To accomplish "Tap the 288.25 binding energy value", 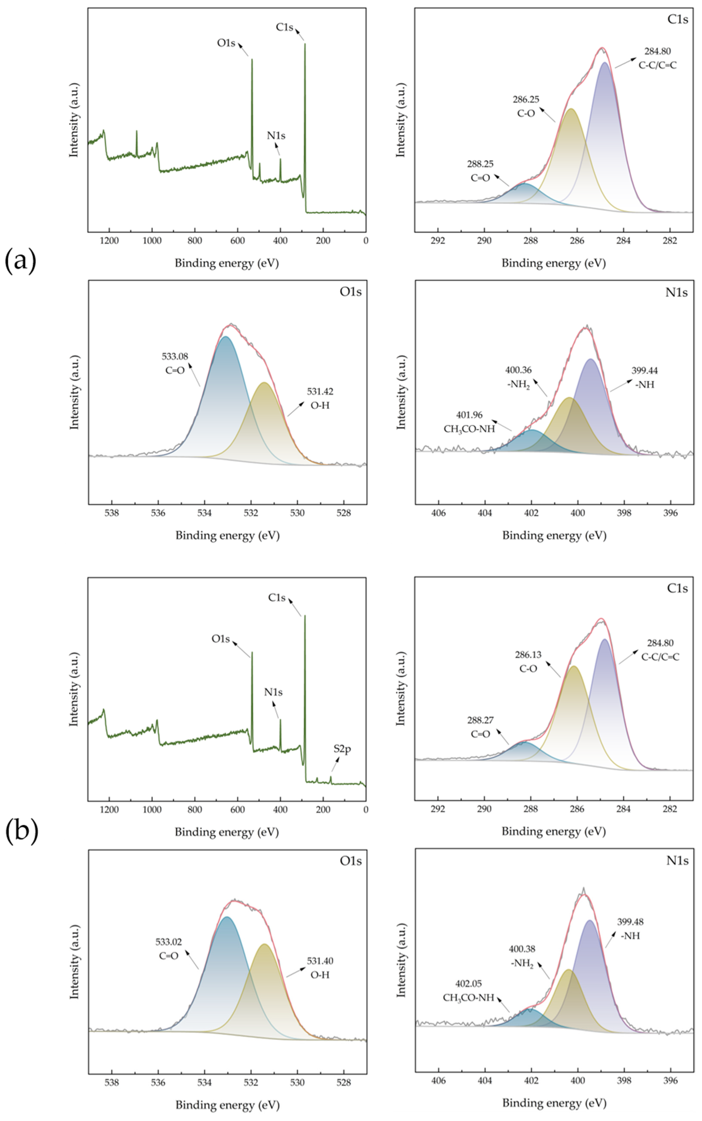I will [480, 164].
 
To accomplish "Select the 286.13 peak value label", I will [528, 655].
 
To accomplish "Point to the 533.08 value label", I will [175, 357].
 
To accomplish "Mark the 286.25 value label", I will [526, 99].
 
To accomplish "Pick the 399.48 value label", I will [630, 922].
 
